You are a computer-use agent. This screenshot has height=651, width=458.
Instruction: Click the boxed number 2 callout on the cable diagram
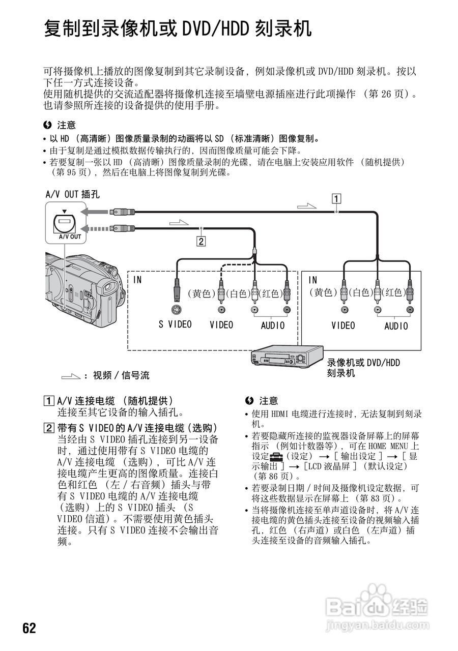click(202, 242)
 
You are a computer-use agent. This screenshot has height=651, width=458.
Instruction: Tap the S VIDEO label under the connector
click(175, 324)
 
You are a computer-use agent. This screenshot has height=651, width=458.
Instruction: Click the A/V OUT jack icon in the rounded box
click(64, 222)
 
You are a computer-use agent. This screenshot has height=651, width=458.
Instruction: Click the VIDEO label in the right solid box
click(343, 325)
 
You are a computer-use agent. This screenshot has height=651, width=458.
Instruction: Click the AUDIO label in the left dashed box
click(273, 325)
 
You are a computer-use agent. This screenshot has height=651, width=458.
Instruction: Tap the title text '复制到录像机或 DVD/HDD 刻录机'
click(178, 28)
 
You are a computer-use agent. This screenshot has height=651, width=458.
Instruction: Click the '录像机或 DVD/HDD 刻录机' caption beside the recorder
click(363, 368)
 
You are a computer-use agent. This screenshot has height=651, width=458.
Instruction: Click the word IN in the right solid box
click(313, 280)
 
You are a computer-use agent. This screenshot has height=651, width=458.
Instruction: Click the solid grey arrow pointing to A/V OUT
click(92, 211)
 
